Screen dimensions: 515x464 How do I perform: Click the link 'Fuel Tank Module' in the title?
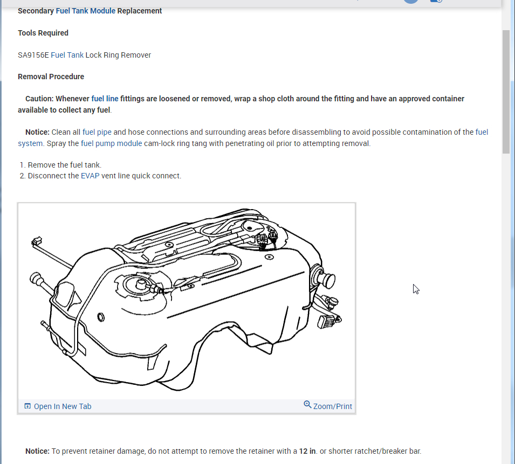[85, 11]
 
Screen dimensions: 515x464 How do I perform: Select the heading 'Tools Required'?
[43, 33]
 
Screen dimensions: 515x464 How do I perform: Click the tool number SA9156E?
[33, 55]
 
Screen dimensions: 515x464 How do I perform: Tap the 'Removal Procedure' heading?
[51, 77]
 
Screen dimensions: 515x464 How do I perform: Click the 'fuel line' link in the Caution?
[105, 99]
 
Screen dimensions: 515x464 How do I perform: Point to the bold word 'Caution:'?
[39, 99]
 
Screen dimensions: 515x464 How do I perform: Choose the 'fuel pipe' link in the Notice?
[97, 132]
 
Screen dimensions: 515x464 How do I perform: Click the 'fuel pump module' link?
[111, 143]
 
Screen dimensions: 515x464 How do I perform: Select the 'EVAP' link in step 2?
[90, 176]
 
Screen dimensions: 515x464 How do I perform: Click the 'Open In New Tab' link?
[63, 406]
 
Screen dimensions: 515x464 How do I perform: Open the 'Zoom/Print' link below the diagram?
[332, 406]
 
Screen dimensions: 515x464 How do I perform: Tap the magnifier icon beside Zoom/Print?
[307, 404]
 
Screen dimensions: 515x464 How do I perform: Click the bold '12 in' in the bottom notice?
[307, 451]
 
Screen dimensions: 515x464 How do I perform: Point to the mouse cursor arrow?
[416, 289]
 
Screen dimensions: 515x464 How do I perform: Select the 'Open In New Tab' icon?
[28, 406]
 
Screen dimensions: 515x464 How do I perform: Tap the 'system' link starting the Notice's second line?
[30, 143]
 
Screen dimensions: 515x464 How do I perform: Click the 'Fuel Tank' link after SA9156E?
[67, 55]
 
